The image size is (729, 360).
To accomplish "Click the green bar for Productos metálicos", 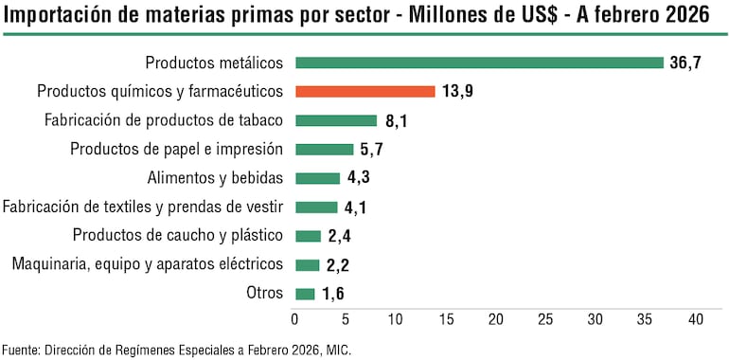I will (x=479, y=63).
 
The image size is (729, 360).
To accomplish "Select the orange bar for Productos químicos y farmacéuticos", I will (x=365, y=92).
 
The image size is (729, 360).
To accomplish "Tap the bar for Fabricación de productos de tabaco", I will (x=336, y=120).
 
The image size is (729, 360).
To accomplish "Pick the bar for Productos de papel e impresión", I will (x=324, y=150).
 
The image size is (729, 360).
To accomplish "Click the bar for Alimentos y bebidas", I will (x=317, y=178).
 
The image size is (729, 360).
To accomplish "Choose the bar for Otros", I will (x=305, y=294).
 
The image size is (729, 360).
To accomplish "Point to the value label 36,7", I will (x=685, y=63).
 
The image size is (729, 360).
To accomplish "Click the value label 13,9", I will (x=457, y=92).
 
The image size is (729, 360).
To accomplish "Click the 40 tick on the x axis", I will (x=695, y=320).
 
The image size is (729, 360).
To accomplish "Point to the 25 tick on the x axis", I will (x=545, y=320).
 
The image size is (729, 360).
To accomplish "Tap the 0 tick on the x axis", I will (x=295, y=320).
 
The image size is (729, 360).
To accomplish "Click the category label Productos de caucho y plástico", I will (x=178, y=236).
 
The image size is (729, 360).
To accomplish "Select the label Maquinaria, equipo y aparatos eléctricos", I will (x=147, y=264).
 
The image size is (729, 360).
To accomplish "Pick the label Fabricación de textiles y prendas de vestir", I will (x=143, y=207).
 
